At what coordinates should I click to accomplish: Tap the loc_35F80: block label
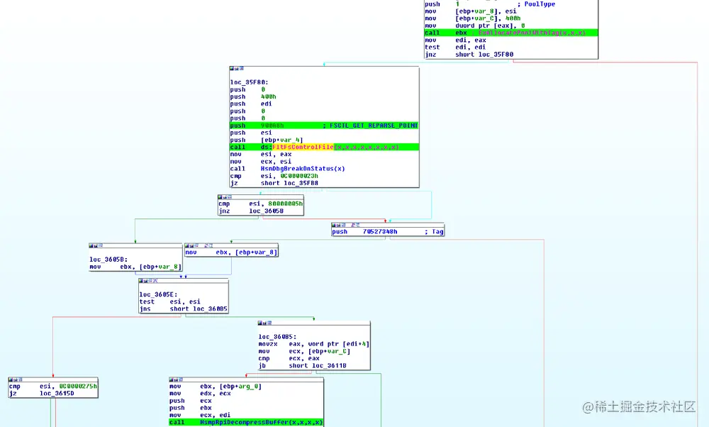[x=249, y=82]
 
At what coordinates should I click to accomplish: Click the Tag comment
[x=437, y=231]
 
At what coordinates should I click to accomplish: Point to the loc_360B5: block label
[x=277, y=336]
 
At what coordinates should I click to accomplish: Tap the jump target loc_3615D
[x=57, y=393]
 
